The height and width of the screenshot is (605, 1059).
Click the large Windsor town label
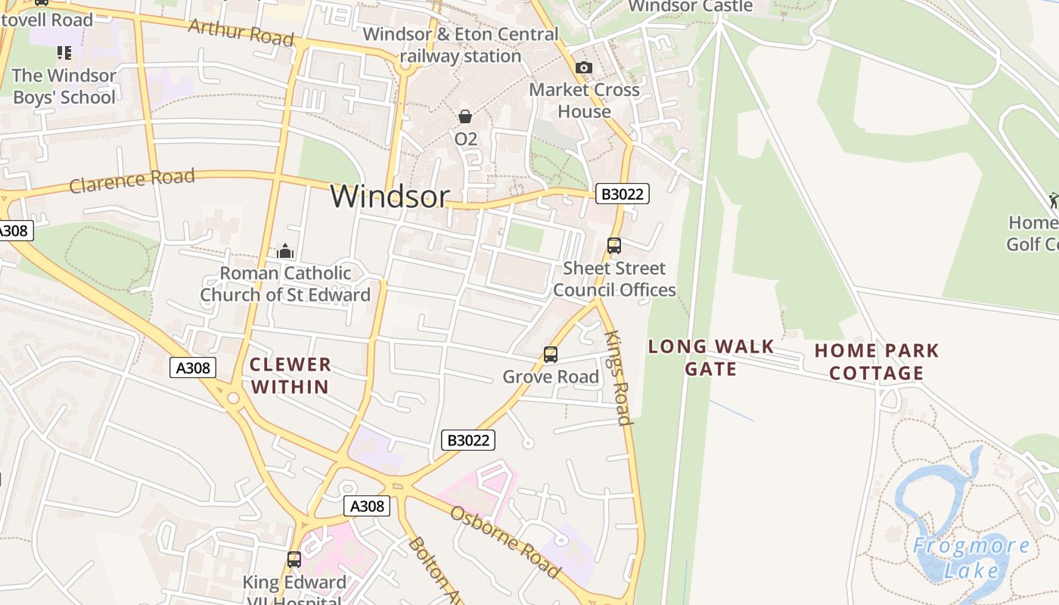point(390,197)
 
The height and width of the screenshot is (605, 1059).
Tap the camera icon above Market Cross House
point(583,67)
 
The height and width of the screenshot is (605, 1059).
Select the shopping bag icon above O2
point(465,116)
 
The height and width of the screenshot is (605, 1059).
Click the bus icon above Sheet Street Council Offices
point(614,245)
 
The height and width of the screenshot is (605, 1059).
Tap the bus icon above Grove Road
point(551,354)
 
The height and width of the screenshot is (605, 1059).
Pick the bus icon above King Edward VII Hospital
point(294,560)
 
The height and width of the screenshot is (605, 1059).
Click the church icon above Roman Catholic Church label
point(285,250)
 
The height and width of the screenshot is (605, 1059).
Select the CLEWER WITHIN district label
point(290,375)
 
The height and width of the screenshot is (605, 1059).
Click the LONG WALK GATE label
point(711,357)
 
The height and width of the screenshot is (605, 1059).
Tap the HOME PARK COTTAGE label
point(877,361)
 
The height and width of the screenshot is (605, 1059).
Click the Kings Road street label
point(619,378)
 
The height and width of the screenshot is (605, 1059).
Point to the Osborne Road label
point(505,541)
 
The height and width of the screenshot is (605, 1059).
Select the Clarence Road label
point(132,181)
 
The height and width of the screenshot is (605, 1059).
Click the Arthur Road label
point(241,32)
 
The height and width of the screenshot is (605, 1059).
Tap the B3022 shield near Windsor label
point(623,194)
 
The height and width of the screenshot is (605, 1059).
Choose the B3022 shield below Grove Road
point(468,440)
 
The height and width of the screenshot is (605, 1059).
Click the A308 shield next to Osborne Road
point(367,506)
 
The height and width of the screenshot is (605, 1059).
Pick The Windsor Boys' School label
point(64,86)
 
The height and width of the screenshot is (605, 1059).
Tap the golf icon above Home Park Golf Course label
point(1054,200)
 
